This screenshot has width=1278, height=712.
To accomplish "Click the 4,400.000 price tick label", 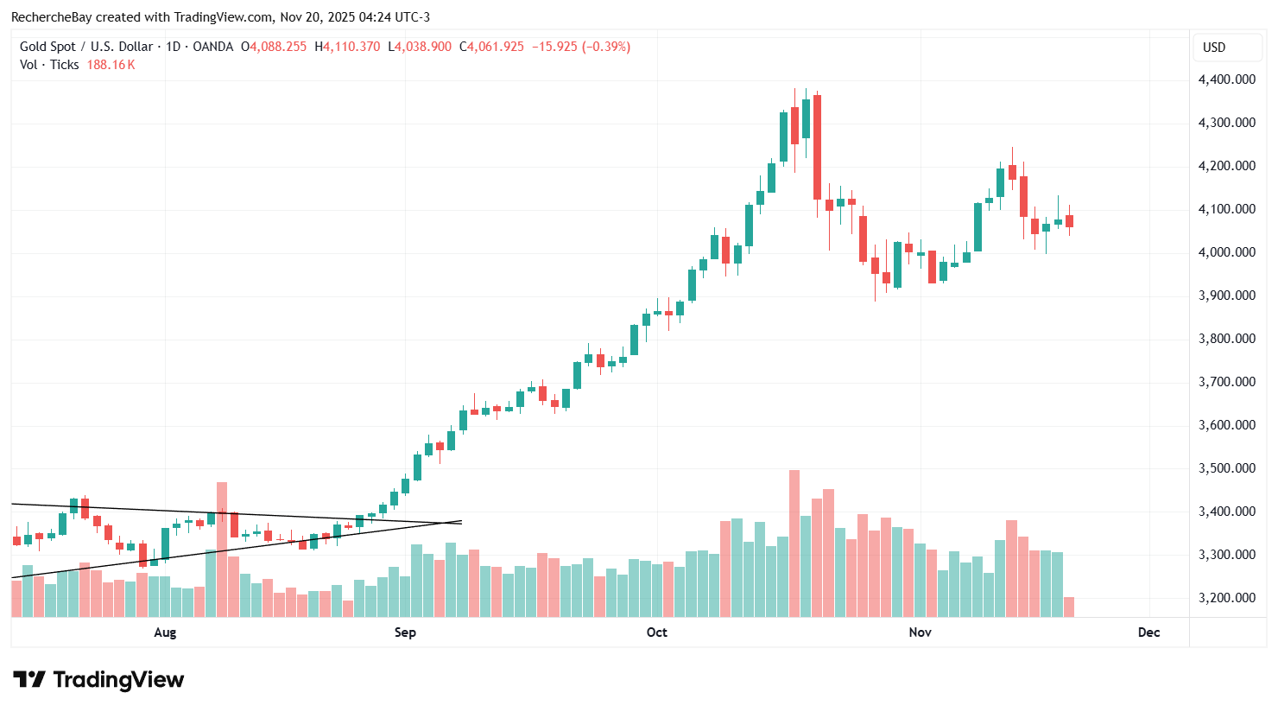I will [x=1226, y=79].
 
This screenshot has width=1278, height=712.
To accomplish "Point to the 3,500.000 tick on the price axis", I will [x=1226, y=468].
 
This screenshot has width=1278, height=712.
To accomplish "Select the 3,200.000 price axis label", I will [x=1226, y=598].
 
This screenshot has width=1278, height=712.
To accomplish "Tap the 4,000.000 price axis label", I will [x=1226, y=252].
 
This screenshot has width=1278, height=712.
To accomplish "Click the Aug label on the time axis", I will [x=165, y=633].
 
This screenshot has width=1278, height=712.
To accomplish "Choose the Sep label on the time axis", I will [x=405, y=633].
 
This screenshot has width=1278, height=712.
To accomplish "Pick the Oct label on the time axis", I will [x=656, y=633].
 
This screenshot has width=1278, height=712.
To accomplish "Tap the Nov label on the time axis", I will [x=920, y=633].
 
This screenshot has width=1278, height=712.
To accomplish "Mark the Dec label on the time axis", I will [x=1148, y=633].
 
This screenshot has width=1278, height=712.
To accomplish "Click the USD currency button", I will [x=1214, y=48].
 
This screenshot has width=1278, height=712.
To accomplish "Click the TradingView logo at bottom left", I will [x=98, y=680].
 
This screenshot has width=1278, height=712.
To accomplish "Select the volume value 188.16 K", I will [x=111, y=65].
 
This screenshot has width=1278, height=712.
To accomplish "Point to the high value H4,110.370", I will [x=347, y=47].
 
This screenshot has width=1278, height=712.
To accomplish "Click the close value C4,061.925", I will [x=491, y=47].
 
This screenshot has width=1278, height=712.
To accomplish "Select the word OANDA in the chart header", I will [x=212, y=47].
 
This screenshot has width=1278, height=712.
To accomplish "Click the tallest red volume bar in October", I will [x=794, y=544].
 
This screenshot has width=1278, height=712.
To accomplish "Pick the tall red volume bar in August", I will [x=222, y=550].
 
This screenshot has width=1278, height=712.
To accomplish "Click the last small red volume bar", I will [x=1069, y=607].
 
